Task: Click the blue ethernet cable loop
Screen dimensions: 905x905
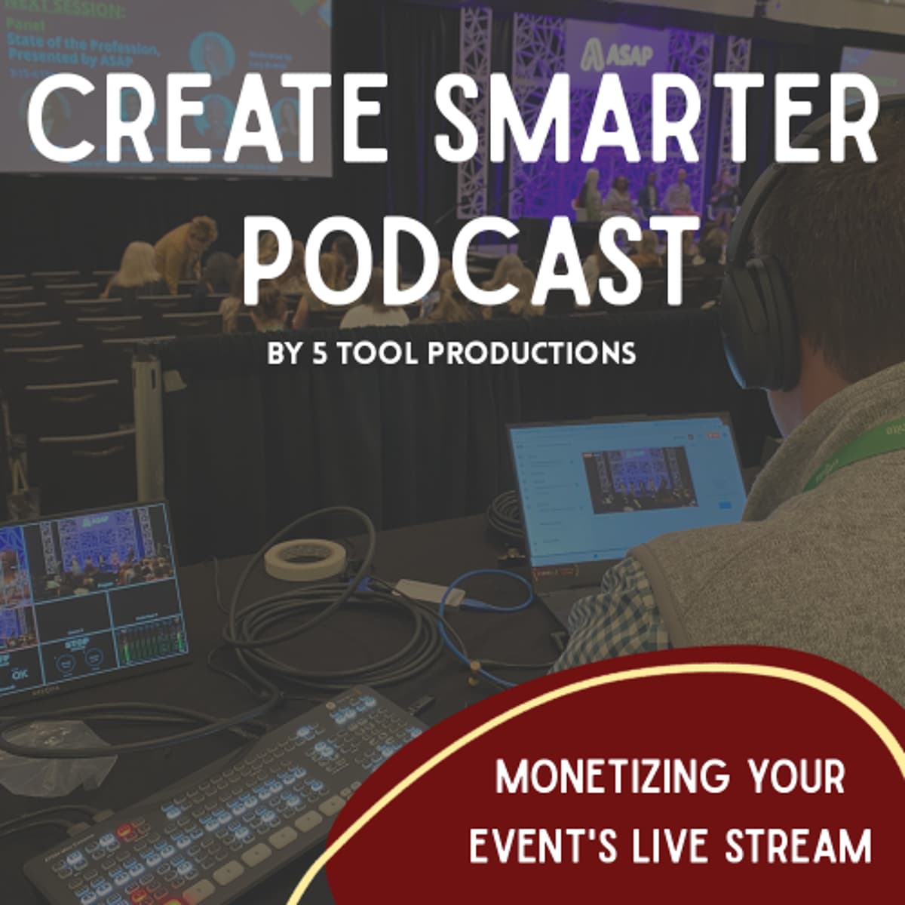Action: click(x=490, y=596)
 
